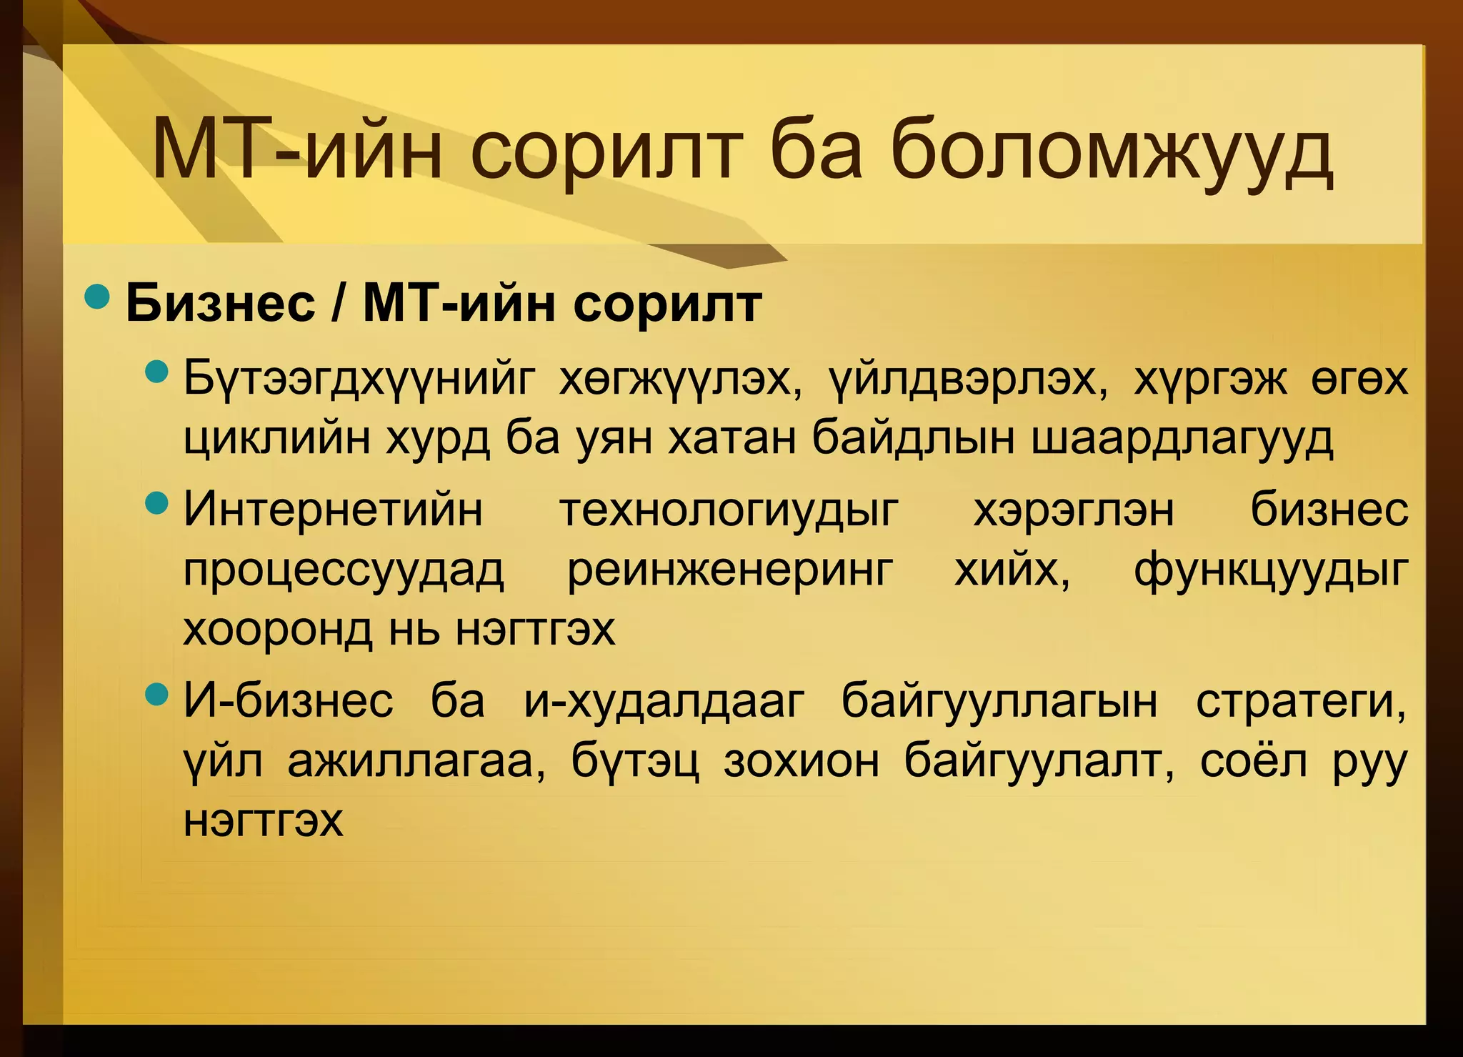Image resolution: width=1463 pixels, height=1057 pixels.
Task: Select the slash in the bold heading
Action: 338,304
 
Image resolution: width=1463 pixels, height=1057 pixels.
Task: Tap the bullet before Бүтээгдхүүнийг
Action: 156,372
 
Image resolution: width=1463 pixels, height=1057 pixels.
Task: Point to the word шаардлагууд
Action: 1182,438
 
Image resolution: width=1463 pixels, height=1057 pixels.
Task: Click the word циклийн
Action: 276,438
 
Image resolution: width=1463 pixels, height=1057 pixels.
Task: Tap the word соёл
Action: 1254,761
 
